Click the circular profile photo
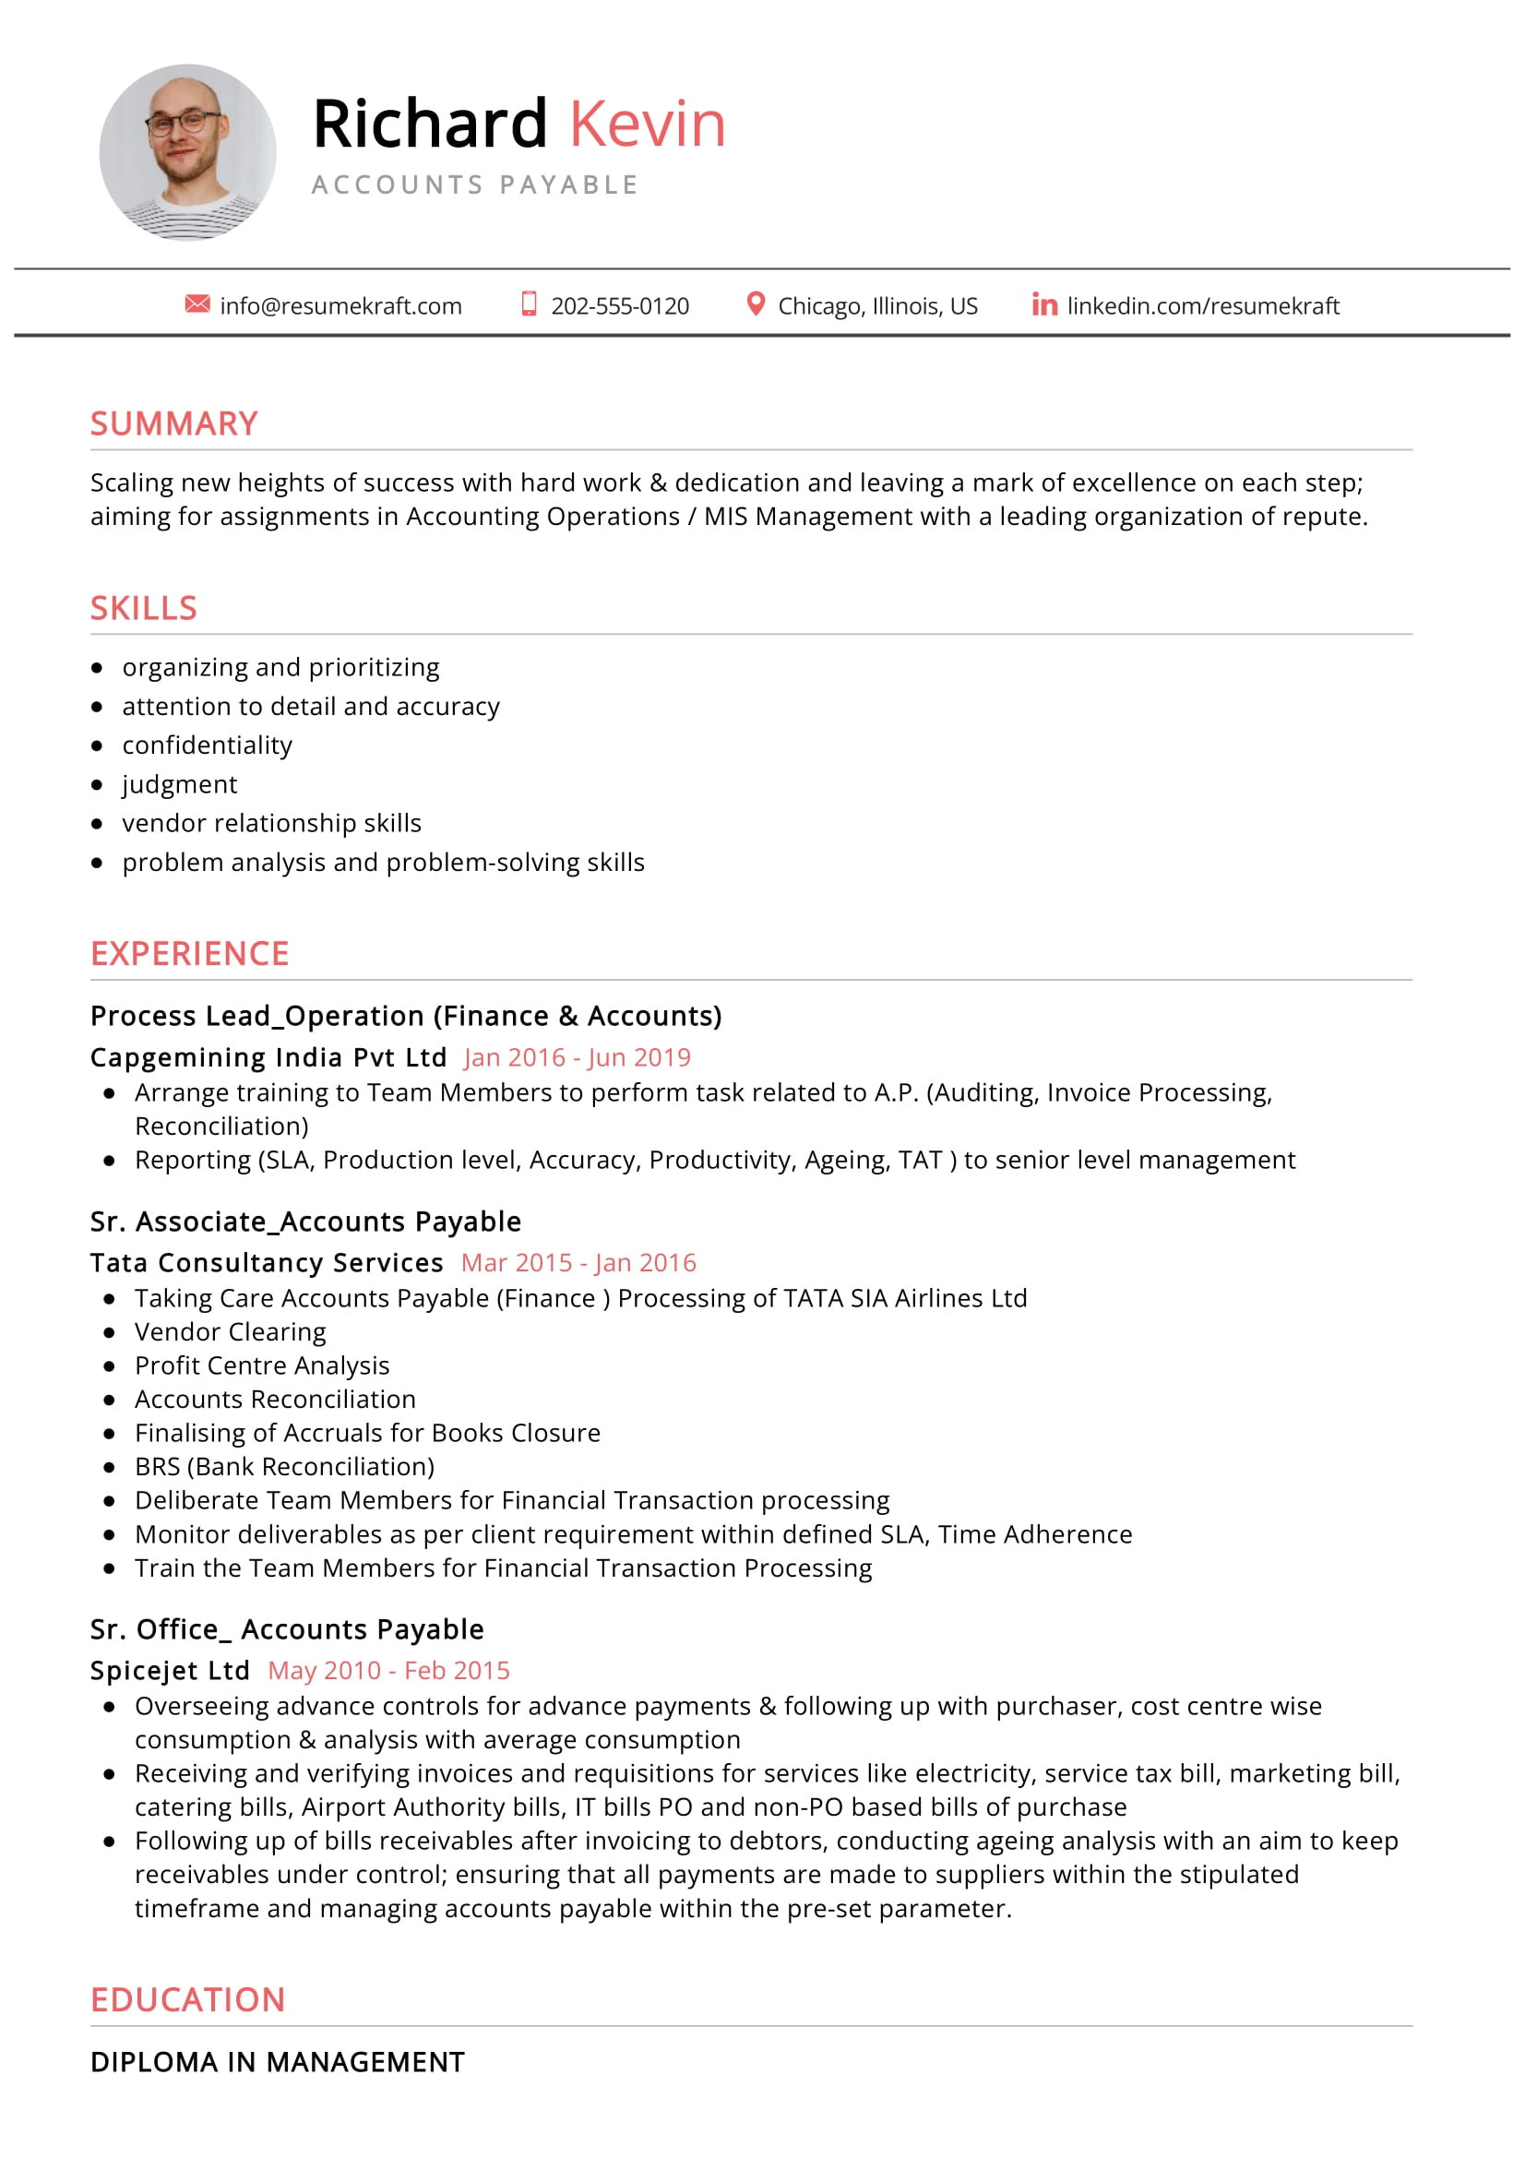coord(188,152)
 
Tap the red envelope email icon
coord(197,304)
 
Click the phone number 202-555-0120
coord(619,306)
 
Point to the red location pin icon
coord(755,304)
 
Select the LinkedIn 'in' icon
coord(1044,304)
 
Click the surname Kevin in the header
coord(648,124)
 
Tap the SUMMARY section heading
coord(173,423)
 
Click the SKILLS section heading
coord(144,608)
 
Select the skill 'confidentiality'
coord(207,745)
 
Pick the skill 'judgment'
coord(180,784)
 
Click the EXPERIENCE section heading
coord(190,954)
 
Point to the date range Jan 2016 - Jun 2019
coord(577,1057)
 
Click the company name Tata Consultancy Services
coord(267,1262)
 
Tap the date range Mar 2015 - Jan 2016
coord(578,1262)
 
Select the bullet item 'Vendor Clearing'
coord(231,1332)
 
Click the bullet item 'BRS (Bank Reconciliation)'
coord(285,1466)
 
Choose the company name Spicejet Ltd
coord(170,1670)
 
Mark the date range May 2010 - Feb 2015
coord(389,1670)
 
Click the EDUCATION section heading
coord(188,1999)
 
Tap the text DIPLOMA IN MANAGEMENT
coord(278,2061)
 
